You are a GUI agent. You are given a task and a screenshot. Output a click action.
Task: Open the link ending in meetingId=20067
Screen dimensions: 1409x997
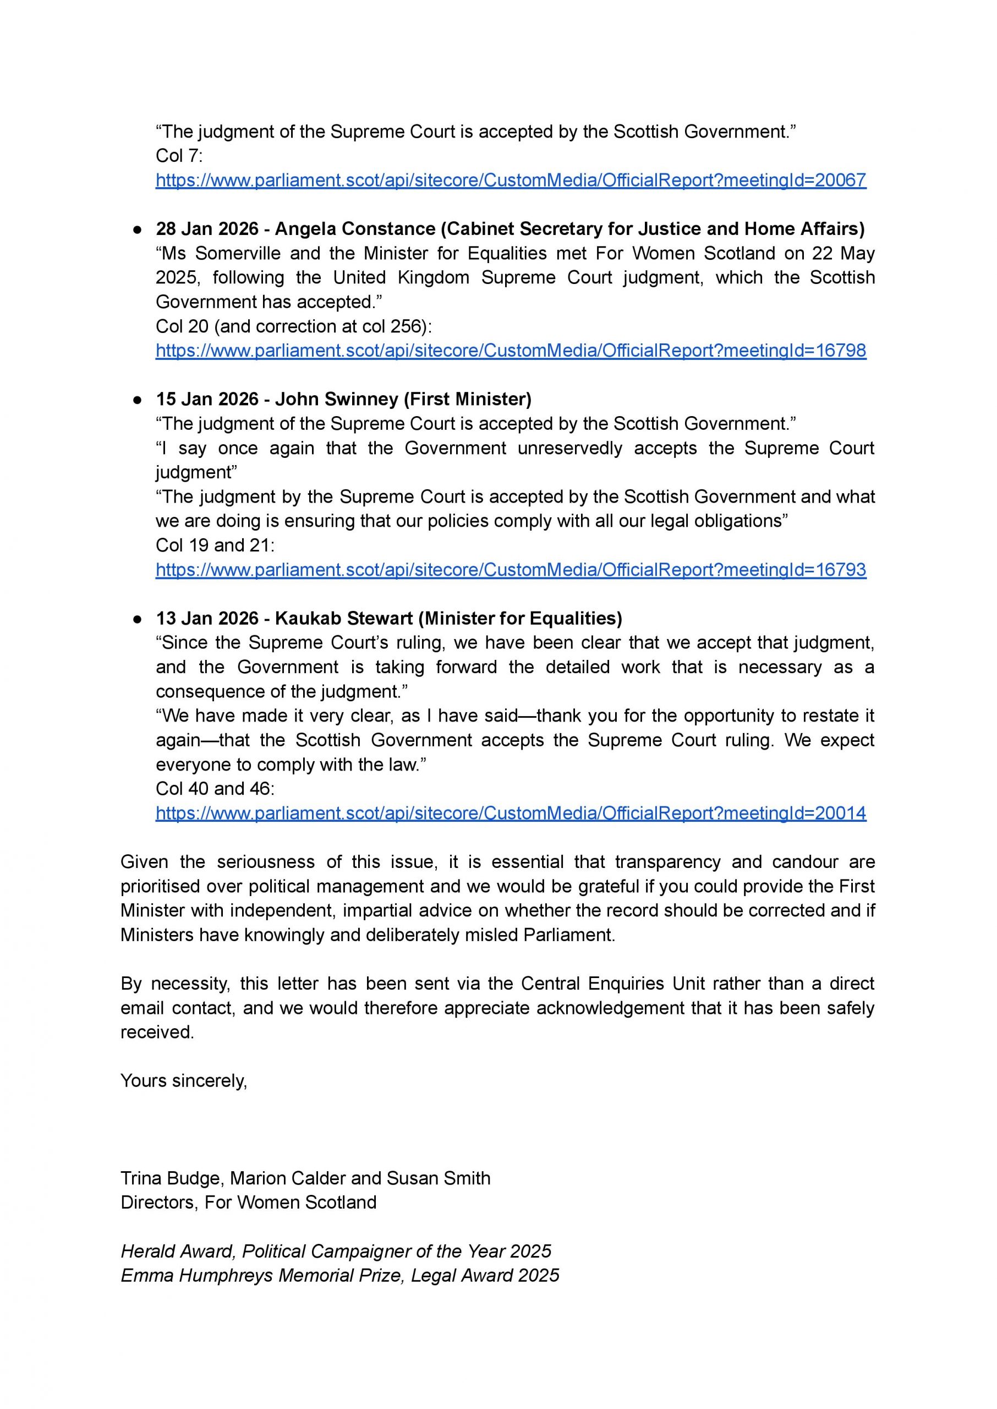[x=511, y=180]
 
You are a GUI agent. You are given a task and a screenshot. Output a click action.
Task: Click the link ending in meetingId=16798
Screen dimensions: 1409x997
[x=511, y=351]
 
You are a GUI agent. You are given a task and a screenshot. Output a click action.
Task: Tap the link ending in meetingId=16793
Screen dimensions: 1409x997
[x=511, y=570]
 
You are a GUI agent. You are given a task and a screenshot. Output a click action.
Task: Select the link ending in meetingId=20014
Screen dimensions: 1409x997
[x=511, y=813]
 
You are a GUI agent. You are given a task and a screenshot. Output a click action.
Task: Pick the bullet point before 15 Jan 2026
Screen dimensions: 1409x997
[x=138, y=400]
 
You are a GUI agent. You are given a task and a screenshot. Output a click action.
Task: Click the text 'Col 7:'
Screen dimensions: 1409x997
[x=179, y=156]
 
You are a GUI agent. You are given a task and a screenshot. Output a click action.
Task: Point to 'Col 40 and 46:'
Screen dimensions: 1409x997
[x=215, y=789]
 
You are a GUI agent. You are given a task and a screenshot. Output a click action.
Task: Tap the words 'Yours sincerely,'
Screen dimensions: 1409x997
[x=184, y=1081]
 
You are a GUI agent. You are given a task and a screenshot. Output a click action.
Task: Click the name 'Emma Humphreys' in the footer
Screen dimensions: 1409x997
[x=196, y=1276]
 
